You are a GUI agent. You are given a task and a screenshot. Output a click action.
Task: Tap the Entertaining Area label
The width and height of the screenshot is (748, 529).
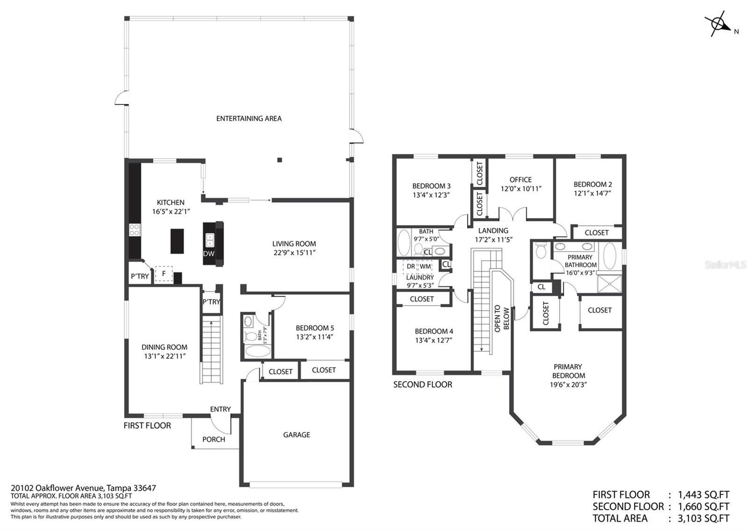coord(249,118)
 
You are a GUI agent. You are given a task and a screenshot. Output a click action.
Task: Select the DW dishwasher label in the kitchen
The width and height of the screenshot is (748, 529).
coord(209,253)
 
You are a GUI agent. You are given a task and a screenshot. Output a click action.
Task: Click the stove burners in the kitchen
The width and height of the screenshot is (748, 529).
coord(135,230)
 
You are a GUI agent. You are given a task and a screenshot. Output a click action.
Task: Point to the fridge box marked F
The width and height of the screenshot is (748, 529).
coord(164,273)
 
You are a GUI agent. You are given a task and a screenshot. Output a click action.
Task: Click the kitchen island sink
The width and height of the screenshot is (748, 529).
coord(210,240)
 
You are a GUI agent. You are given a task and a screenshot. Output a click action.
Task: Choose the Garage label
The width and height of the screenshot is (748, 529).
coord(296,435)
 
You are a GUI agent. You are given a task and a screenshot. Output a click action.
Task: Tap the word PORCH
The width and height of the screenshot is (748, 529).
coord(214,440)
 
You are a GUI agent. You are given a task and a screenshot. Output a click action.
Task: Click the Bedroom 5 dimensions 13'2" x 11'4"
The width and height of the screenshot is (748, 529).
coord(315,337)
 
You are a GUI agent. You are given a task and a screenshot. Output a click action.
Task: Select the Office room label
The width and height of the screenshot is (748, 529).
coord(521,180)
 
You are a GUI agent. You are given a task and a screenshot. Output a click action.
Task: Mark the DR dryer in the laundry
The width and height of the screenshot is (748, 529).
coord(410,266)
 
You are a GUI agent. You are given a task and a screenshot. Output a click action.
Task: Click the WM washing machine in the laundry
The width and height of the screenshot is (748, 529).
coord(425,266)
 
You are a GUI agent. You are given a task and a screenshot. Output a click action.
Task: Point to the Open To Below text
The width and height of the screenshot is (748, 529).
coord(502,319)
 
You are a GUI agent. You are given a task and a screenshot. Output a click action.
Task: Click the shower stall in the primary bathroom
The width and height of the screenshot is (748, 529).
coord(610,284)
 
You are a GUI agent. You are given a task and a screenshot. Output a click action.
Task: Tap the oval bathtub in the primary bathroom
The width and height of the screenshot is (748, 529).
coord(610,256)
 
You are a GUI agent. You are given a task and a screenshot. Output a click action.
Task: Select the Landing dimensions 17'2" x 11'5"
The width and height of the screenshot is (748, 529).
coord(494,240)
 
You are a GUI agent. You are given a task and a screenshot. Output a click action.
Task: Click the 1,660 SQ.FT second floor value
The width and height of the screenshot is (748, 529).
coord(704,507)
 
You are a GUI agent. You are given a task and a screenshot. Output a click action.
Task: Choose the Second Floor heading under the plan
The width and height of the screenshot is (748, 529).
coord(423,384)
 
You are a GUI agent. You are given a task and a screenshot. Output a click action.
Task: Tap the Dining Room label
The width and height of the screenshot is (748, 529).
coord(164,347)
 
